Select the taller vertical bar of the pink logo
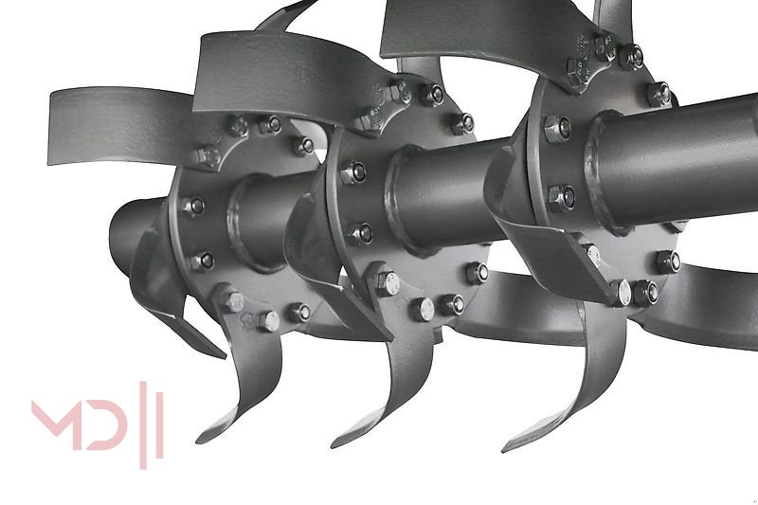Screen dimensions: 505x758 coord(144,424)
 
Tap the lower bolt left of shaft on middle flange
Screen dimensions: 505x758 coord(360,232)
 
